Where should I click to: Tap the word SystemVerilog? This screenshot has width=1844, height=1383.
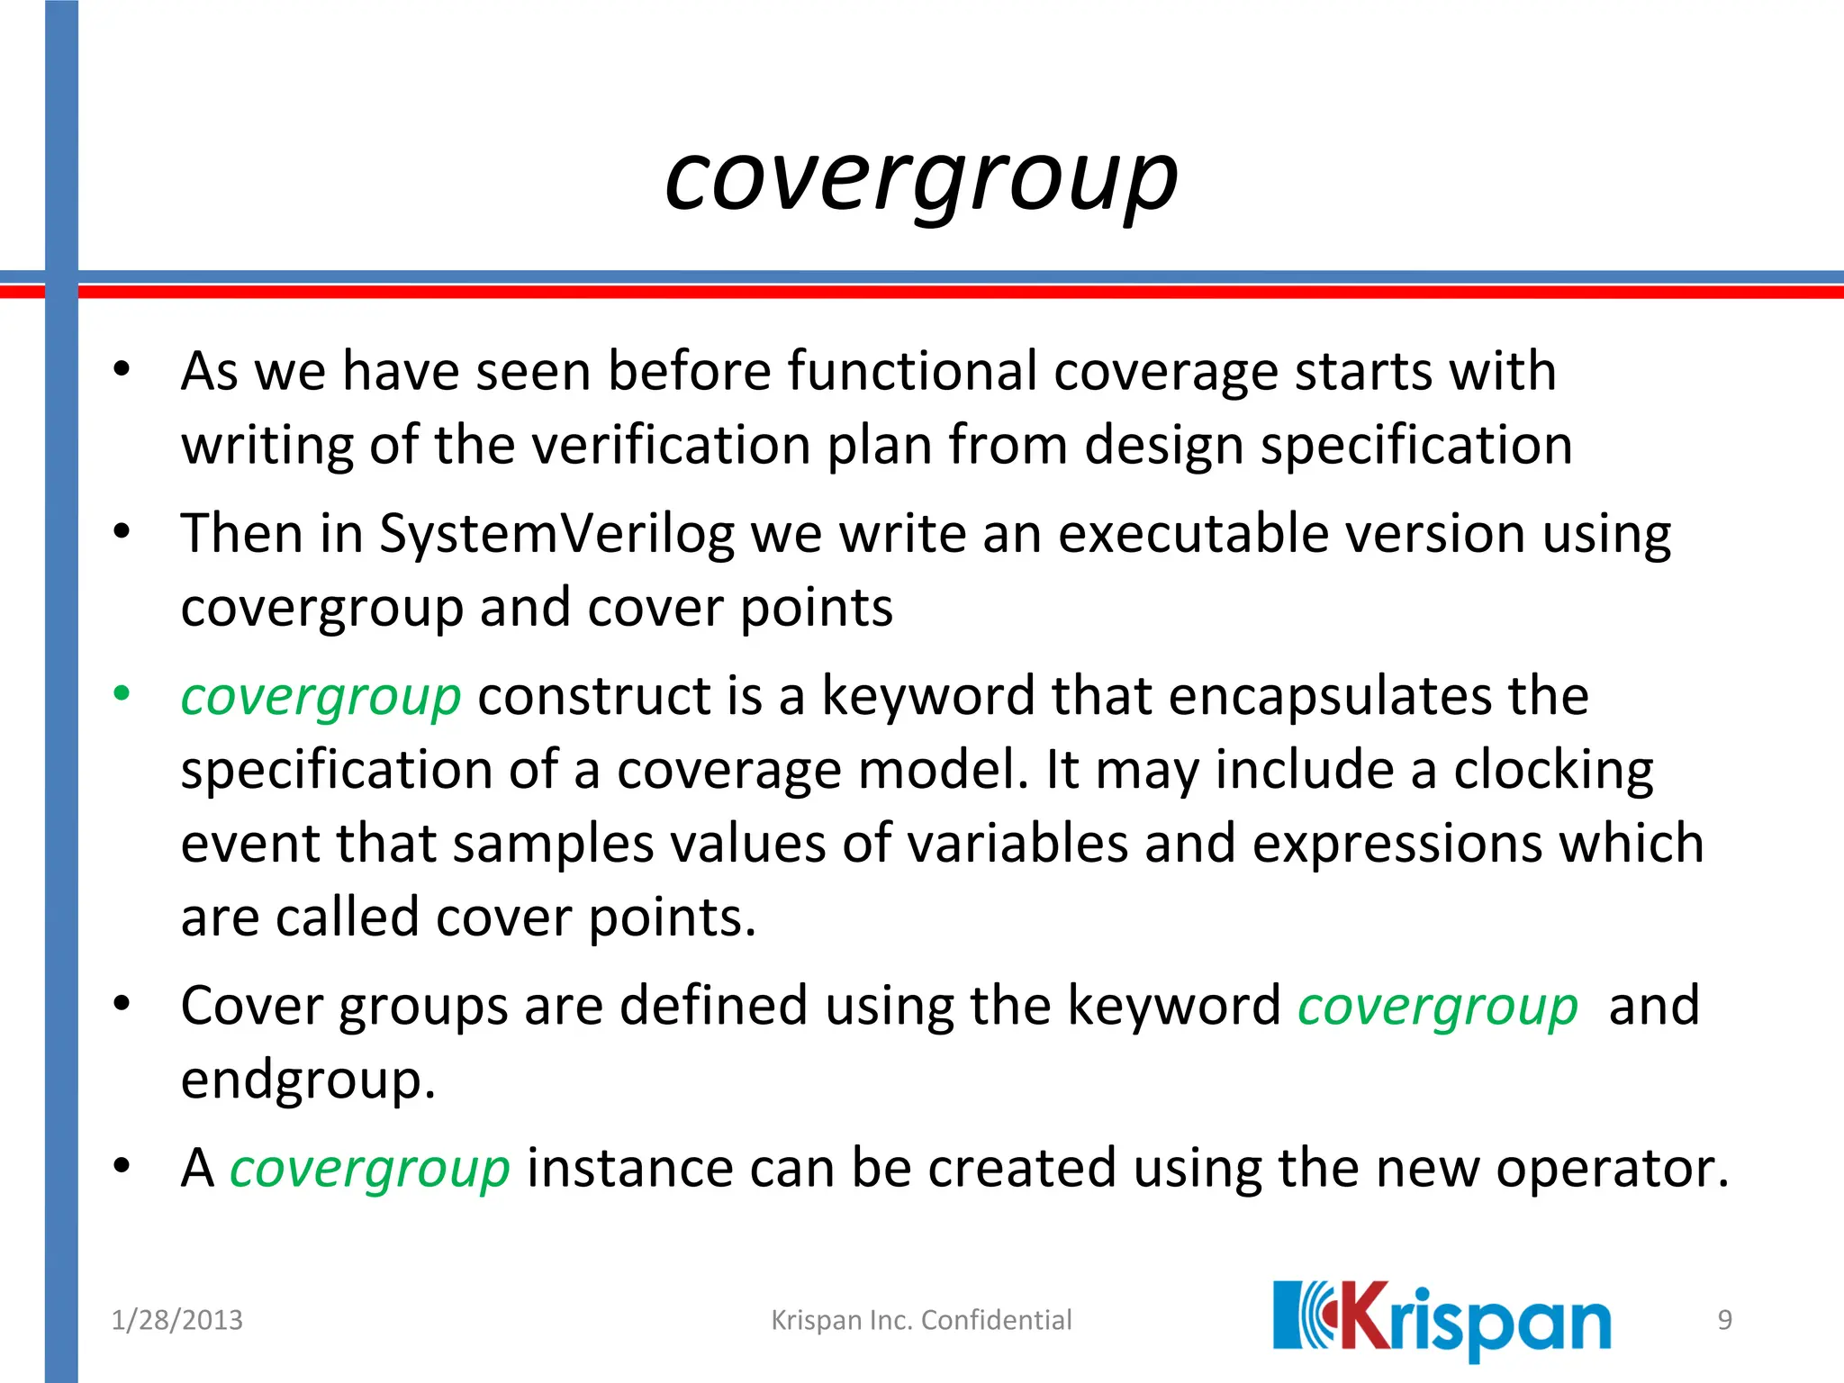[556, 534]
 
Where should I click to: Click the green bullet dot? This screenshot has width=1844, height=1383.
[122, 694]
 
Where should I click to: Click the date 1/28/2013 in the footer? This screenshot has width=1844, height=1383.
[176, 1320]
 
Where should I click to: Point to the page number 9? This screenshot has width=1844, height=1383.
[1724, 1320]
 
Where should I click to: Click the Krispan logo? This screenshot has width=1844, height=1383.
[1441, 1320]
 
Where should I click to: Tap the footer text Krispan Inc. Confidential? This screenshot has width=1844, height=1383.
[921, 1320]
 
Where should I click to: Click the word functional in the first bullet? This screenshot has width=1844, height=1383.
[912, 371]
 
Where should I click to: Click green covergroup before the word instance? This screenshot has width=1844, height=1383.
[370, 1169]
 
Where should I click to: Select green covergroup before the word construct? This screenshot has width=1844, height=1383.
[321, 697]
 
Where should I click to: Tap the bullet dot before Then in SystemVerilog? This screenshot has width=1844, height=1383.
[122, 531]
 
